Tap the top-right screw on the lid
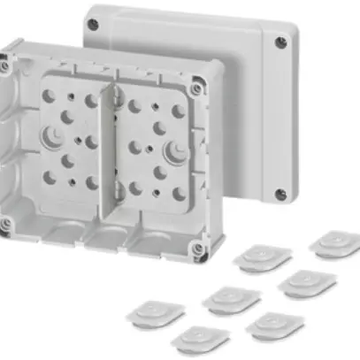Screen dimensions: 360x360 coord(280,40)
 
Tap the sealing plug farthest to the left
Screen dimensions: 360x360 coord(157,311)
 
